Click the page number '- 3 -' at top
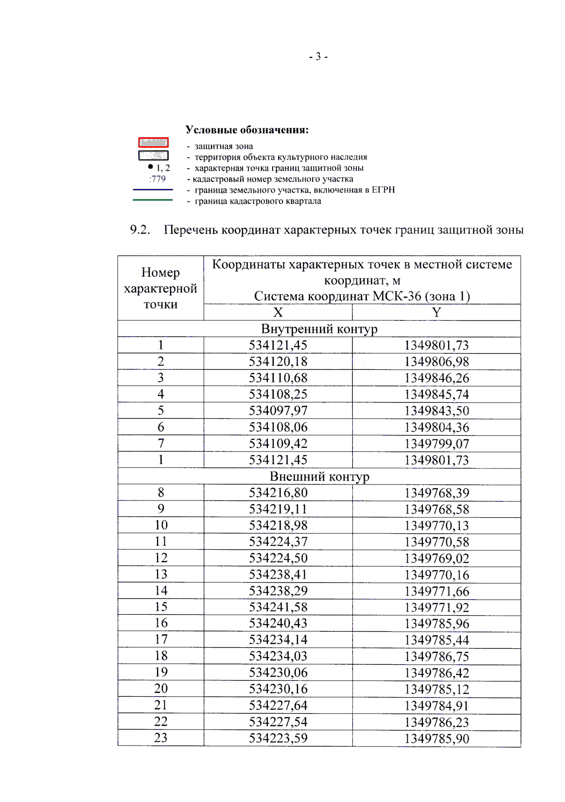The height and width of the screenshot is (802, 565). point(318,57)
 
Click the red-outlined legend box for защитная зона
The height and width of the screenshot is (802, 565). point(153,143)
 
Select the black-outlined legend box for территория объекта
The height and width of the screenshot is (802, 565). point(153,155)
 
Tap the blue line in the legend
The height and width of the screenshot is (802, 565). point(153,190)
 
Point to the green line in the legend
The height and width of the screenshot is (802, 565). point(153,200)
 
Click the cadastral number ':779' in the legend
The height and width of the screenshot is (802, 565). point(157,179)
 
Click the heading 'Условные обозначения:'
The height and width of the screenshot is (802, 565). point(247,130)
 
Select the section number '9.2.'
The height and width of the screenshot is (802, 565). point(140,230)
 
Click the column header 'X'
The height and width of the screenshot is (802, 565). point(278,312)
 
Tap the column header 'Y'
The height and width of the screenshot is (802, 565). point(436,312)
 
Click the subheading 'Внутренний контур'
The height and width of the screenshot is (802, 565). point(319,329)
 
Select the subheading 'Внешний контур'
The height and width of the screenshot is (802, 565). point(319,476)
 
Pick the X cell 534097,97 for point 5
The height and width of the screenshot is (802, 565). point(278,411)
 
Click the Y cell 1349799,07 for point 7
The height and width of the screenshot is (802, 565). point(436,444)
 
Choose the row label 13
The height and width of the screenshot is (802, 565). point(161,574)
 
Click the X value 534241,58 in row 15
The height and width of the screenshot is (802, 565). point(278,607)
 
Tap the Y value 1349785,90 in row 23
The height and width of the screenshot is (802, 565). point(436,738)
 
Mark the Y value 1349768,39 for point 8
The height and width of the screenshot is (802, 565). point(436,493)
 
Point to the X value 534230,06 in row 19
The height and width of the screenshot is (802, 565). point(278,673)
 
